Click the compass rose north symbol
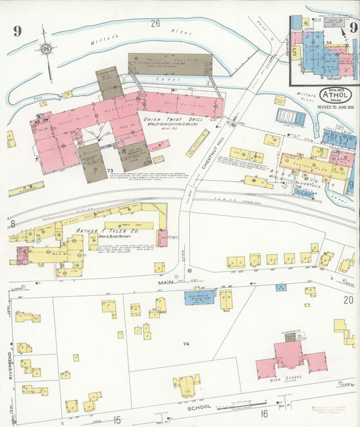click(x=45, y=49)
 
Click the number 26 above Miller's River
click(x=156, y=24)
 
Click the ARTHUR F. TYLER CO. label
click(x=101, y=233)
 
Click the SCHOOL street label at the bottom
click(x=201, y=407)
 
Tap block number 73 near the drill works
click(x=109, y=170)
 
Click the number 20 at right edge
click(x=348, y=299)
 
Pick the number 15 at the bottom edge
click(x=116, y=420)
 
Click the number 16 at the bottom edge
click(x=264, y=413)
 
